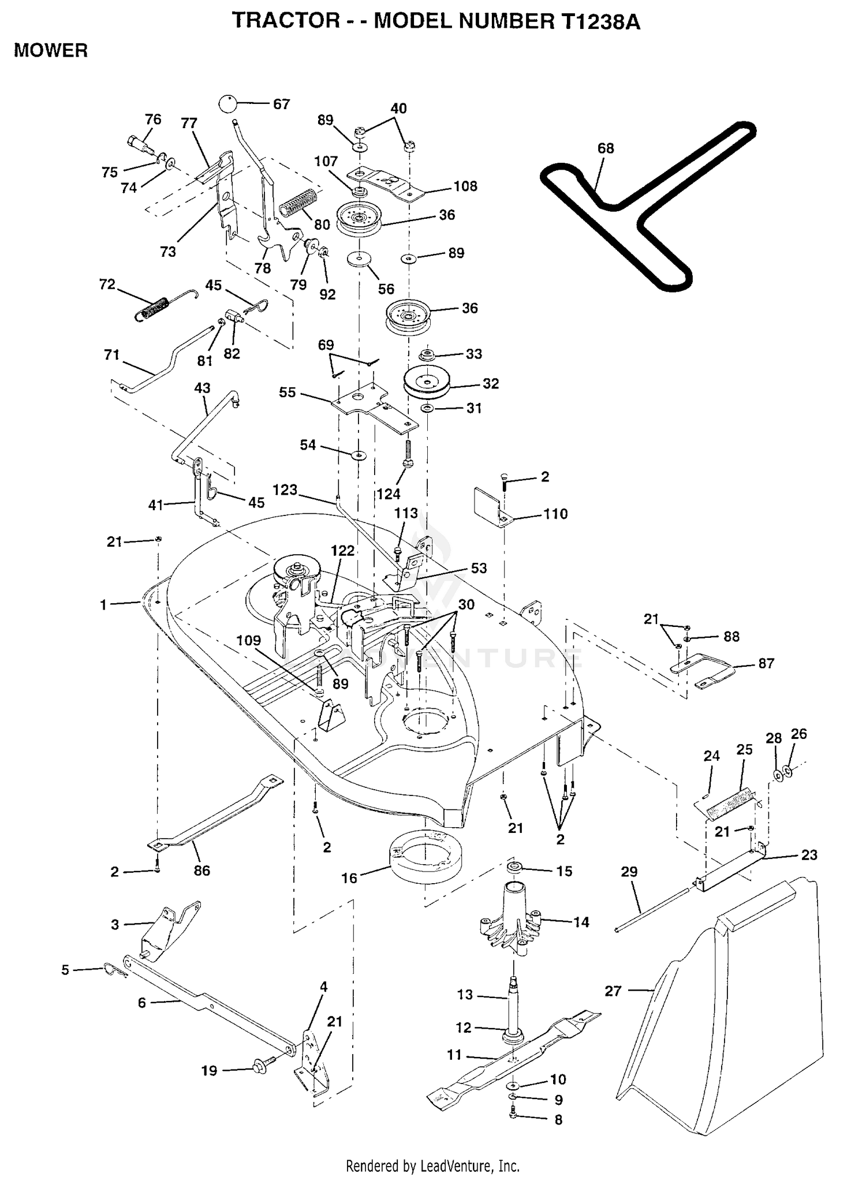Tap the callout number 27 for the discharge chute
click(613, 991)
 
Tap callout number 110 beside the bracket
click(555, 514)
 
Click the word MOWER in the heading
click(51, 51)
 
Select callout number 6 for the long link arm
click(142, 1003)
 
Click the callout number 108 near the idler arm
click(465, 186)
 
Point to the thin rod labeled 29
click(652, 910)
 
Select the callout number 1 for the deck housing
click(103, 604)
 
